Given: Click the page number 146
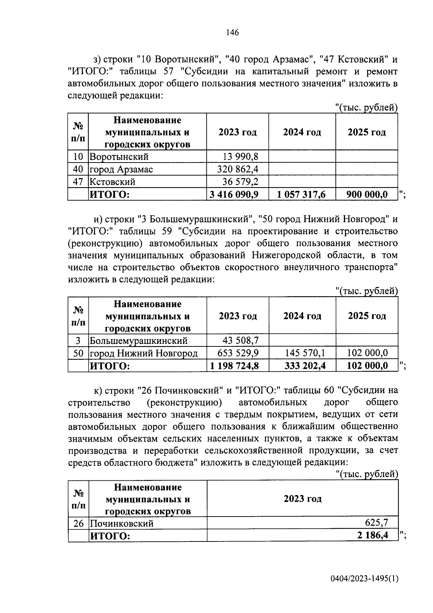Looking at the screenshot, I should coord(232,33).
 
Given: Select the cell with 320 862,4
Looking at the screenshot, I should coord(237,169).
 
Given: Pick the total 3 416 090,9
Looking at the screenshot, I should coord(234,194).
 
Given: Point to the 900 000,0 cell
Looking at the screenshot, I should coord(367,194).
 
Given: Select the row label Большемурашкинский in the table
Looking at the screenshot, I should coord(138,341).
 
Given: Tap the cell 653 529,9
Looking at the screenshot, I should coord(238,353).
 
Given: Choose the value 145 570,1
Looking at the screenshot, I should coord(305,353).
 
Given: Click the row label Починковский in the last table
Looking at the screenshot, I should coord(122,523).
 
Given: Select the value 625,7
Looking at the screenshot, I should coord(376,522).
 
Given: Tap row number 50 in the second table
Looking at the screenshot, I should coord(78,353).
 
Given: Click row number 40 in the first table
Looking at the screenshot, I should coord(78,169).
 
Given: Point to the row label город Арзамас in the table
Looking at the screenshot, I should coord(121,169).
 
